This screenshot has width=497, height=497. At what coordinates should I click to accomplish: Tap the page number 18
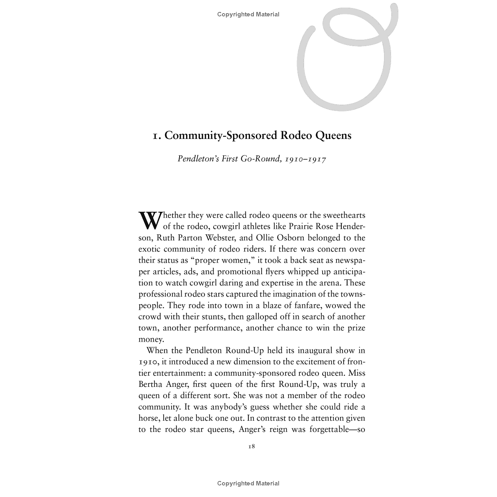tap(251, 446)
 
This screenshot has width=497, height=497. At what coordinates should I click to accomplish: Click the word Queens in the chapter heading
tap(333, 135)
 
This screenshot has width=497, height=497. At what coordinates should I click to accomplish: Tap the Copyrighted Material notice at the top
tap(248, 14)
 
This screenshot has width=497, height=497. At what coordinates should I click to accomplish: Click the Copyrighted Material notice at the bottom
tap(248, 483)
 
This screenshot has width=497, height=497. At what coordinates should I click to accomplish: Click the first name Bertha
tap(150, 384)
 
